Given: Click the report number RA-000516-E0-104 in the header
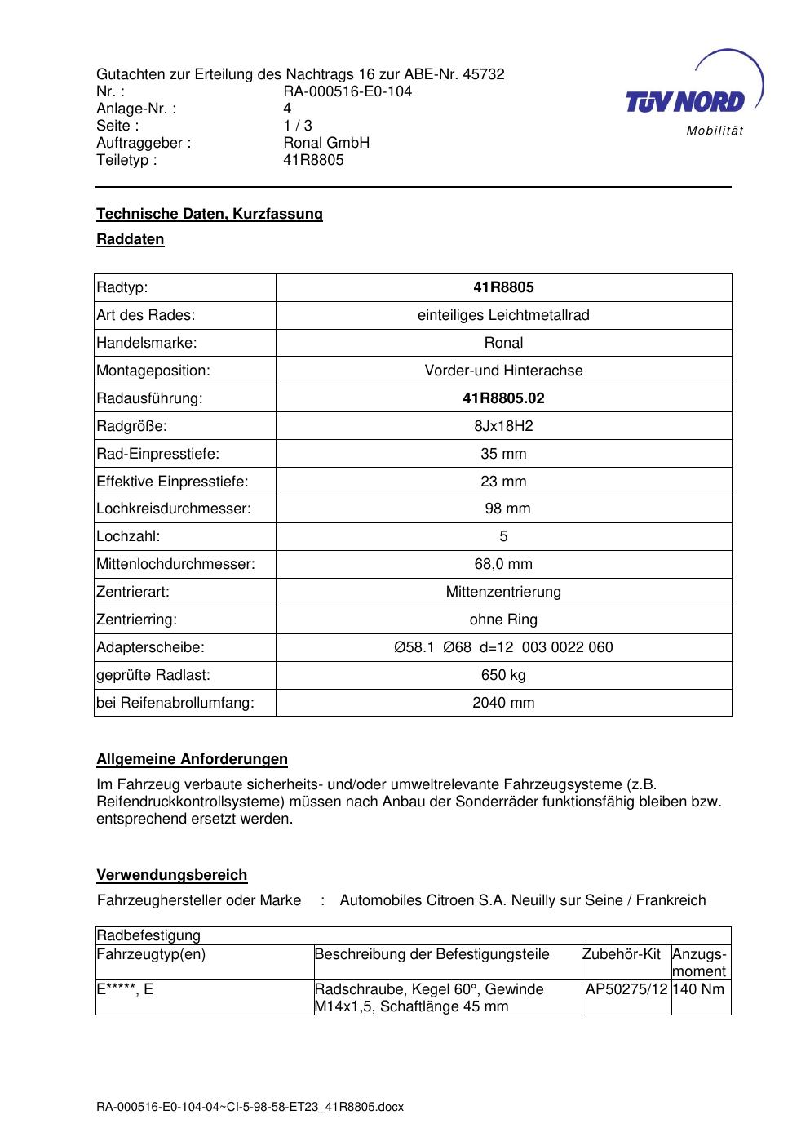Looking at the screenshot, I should tap(347, 91).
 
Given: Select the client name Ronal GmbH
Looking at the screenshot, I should tap(326, 143).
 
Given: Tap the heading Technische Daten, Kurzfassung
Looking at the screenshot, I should tap(210, 214).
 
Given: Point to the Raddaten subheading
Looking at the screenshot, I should tap(131, 239).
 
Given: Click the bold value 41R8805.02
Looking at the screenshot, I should tap(503, 398).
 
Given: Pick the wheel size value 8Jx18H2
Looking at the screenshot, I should tap(503, 426).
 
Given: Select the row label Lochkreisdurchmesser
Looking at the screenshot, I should tap(174, 509).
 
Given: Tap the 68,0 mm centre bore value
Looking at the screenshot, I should tap(503, 564).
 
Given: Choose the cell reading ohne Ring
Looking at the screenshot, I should tap(503, 620).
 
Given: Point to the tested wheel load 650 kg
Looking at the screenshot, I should tap(503, 675).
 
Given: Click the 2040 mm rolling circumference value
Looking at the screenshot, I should tap(503, 703).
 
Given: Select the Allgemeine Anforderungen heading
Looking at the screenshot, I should tap(192, 759).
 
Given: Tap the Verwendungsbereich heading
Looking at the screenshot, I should tap(172, 875).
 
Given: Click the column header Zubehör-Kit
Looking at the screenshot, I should tap(621, 954).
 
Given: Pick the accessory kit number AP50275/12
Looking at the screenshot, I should tap(626, 989).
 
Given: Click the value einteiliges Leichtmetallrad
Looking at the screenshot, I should tap(503, 315).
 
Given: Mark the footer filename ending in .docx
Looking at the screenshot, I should tap(250, 1107).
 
